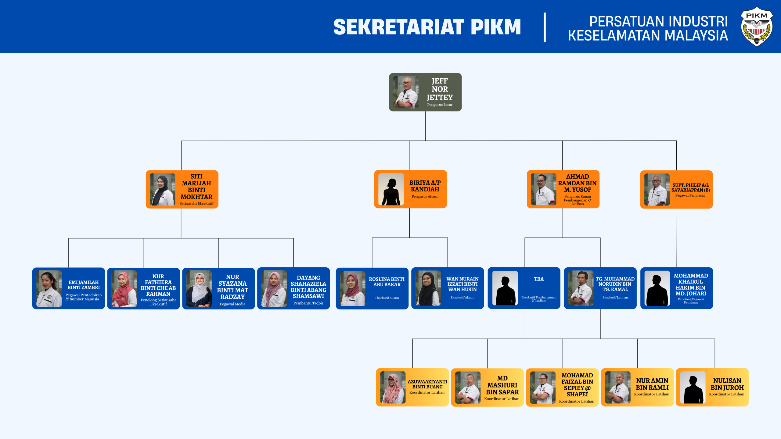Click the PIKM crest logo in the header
point(757,27)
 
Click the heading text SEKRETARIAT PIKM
point(427,27)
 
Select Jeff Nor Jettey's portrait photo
point(406,92)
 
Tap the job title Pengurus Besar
point(440,105)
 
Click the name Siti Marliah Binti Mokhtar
point(196,187)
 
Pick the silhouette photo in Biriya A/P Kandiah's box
point(391,189)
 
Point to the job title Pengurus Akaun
point(425,196)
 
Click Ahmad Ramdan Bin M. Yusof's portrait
point(543,189)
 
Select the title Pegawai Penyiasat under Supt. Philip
point(690,195)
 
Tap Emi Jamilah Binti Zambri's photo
point(49,288)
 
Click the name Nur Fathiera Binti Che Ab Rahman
point(158,285)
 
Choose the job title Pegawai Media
point(232,304)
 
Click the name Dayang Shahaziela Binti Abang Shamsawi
point(308,287)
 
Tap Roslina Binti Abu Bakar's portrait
point(353,288)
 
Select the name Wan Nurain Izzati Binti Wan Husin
point(462,284)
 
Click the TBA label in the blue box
point(539,279)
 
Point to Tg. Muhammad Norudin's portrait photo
point(581,288)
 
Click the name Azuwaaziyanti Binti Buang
point(427,384)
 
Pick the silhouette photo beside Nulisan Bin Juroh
point(693,387)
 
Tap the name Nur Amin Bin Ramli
point(652,384)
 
